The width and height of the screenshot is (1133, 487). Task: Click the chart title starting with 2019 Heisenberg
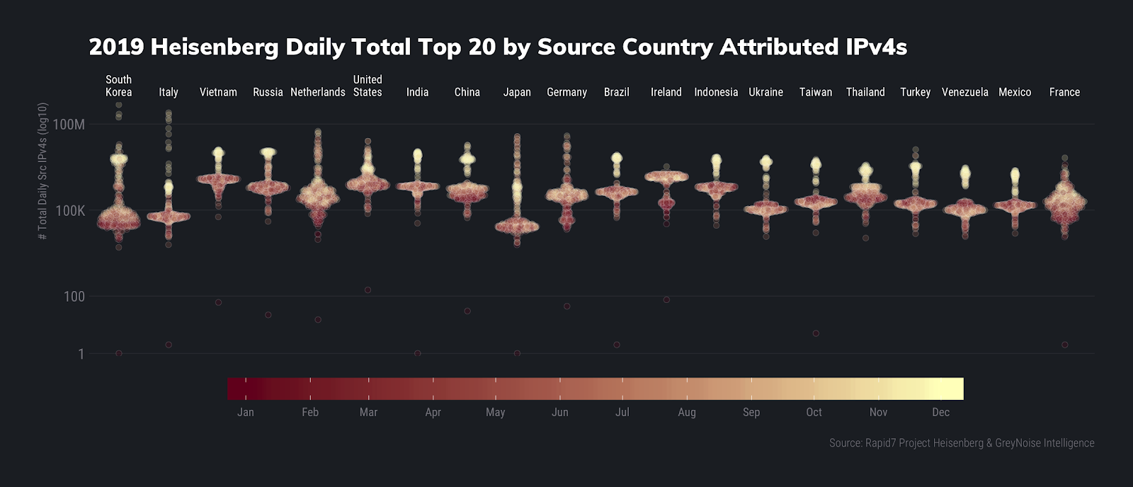point(497,47)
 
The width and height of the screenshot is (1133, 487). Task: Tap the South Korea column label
point(118,86)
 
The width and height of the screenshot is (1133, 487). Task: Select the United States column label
point(368,86)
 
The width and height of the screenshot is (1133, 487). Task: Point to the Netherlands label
point(318,92)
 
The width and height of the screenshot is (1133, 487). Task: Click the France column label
point(1064,92)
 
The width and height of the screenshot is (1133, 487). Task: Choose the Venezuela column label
point(964,92)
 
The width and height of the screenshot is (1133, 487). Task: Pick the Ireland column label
point(666,92)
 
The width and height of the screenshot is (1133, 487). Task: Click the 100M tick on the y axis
point(69,125)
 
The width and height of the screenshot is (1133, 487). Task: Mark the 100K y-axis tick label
point(69,211)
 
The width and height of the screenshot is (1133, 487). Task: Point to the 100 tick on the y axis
point(74,297)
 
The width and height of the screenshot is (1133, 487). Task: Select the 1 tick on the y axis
point(81,354)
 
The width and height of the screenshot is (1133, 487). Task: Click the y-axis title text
point(43,171)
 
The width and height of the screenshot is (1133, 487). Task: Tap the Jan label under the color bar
point(246,412)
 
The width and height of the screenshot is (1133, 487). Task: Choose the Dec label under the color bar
point(940,412)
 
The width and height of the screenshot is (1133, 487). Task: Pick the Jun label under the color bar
point(559,412)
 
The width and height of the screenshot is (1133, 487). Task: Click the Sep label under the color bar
point(751,412)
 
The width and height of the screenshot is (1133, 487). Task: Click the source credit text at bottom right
point(962,443)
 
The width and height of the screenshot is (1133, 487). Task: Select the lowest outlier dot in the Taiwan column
point(816,333)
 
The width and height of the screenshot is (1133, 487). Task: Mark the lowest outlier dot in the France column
point(1065,345)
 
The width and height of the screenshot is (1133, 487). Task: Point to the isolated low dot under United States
point(368,290)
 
